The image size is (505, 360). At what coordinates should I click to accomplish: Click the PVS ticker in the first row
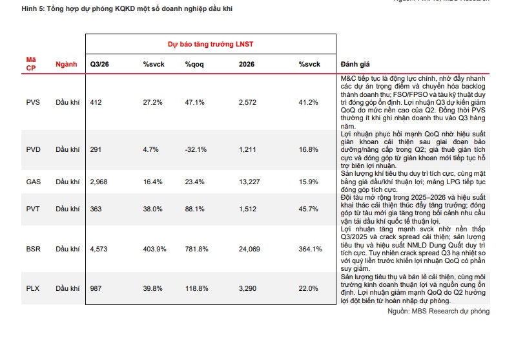(33, 102)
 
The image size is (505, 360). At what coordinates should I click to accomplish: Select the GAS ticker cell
(33, 182)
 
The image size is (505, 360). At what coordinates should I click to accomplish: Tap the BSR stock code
(33, 249)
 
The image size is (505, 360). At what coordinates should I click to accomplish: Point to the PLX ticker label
(32, 288)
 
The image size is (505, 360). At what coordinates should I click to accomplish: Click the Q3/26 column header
(99, 64)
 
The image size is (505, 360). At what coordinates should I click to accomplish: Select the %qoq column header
(194, 65)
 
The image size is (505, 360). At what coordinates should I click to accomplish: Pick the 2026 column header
(247, 64)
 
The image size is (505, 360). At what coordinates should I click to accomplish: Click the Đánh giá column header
(355, 64)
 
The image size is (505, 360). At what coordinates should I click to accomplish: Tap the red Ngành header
(67, 64)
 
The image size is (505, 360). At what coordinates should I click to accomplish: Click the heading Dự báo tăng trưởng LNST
(211, 44)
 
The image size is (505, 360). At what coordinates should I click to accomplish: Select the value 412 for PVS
(96, 102)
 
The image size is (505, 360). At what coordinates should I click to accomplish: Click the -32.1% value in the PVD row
(196, 149)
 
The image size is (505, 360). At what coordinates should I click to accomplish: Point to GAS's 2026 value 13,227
(249, 182)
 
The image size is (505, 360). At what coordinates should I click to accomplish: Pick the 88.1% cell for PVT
(194, 209)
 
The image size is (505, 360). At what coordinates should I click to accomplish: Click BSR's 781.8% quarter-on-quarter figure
(196, 249)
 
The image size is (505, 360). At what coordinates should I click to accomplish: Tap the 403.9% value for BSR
(154, 249)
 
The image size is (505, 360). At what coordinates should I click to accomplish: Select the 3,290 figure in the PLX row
(247, 288)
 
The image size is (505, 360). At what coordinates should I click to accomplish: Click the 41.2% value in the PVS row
(308, 102)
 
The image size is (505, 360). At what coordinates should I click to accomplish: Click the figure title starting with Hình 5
(127, 8)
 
